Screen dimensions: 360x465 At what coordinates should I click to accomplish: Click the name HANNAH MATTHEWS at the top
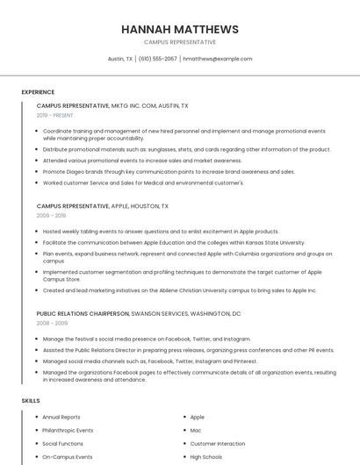180,29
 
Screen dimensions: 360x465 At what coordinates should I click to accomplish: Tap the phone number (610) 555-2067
158,59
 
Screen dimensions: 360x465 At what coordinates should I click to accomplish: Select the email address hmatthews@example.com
217,59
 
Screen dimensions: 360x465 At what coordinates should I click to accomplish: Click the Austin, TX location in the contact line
120,59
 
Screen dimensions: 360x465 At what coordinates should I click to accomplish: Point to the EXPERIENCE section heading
38,92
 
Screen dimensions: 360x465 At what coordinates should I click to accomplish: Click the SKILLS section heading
31,401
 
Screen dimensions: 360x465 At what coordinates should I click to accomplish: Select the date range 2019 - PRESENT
55,115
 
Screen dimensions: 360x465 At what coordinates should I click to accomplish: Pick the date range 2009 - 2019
51,215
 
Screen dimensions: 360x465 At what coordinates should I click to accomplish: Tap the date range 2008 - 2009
51,323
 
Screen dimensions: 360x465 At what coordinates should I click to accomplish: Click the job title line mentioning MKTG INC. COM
112,105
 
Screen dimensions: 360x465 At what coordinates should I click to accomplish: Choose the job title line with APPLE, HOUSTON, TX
103,205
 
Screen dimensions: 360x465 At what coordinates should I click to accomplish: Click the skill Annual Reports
61,418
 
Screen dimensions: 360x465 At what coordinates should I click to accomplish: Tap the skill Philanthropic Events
68,431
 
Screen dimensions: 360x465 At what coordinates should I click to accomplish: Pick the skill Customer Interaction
218,444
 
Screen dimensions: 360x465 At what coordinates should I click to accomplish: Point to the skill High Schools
206,457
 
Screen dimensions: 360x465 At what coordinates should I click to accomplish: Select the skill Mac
195,431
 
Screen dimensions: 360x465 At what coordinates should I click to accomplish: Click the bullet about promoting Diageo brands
169,172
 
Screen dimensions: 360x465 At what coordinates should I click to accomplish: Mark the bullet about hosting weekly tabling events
161,232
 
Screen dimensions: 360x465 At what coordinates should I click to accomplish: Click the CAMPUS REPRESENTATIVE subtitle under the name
180,42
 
